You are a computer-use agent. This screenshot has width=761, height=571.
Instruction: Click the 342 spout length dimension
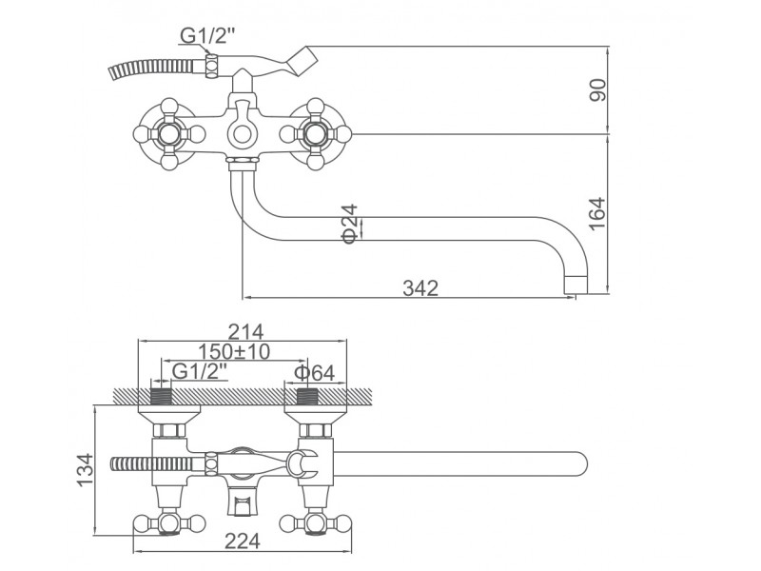pos(420,288)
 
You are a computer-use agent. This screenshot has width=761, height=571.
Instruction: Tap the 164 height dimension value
pos(597,213)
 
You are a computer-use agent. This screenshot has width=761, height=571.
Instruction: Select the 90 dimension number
pos(598,89)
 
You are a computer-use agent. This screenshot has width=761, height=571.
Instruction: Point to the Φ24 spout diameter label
pos(350,224)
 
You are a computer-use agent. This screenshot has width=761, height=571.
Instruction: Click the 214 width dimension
pos(245,332)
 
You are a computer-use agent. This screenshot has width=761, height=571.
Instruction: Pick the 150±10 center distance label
pos(234,351)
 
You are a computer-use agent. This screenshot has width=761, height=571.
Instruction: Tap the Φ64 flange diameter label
pos(315,373)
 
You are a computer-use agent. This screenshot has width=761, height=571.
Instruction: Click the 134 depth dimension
pos(85,469)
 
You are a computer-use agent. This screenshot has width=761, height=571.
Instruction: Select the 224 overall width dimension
pos(243,541)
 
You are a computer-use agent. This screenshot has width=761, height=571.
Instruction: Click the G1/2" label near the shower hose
pos(207,35)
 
